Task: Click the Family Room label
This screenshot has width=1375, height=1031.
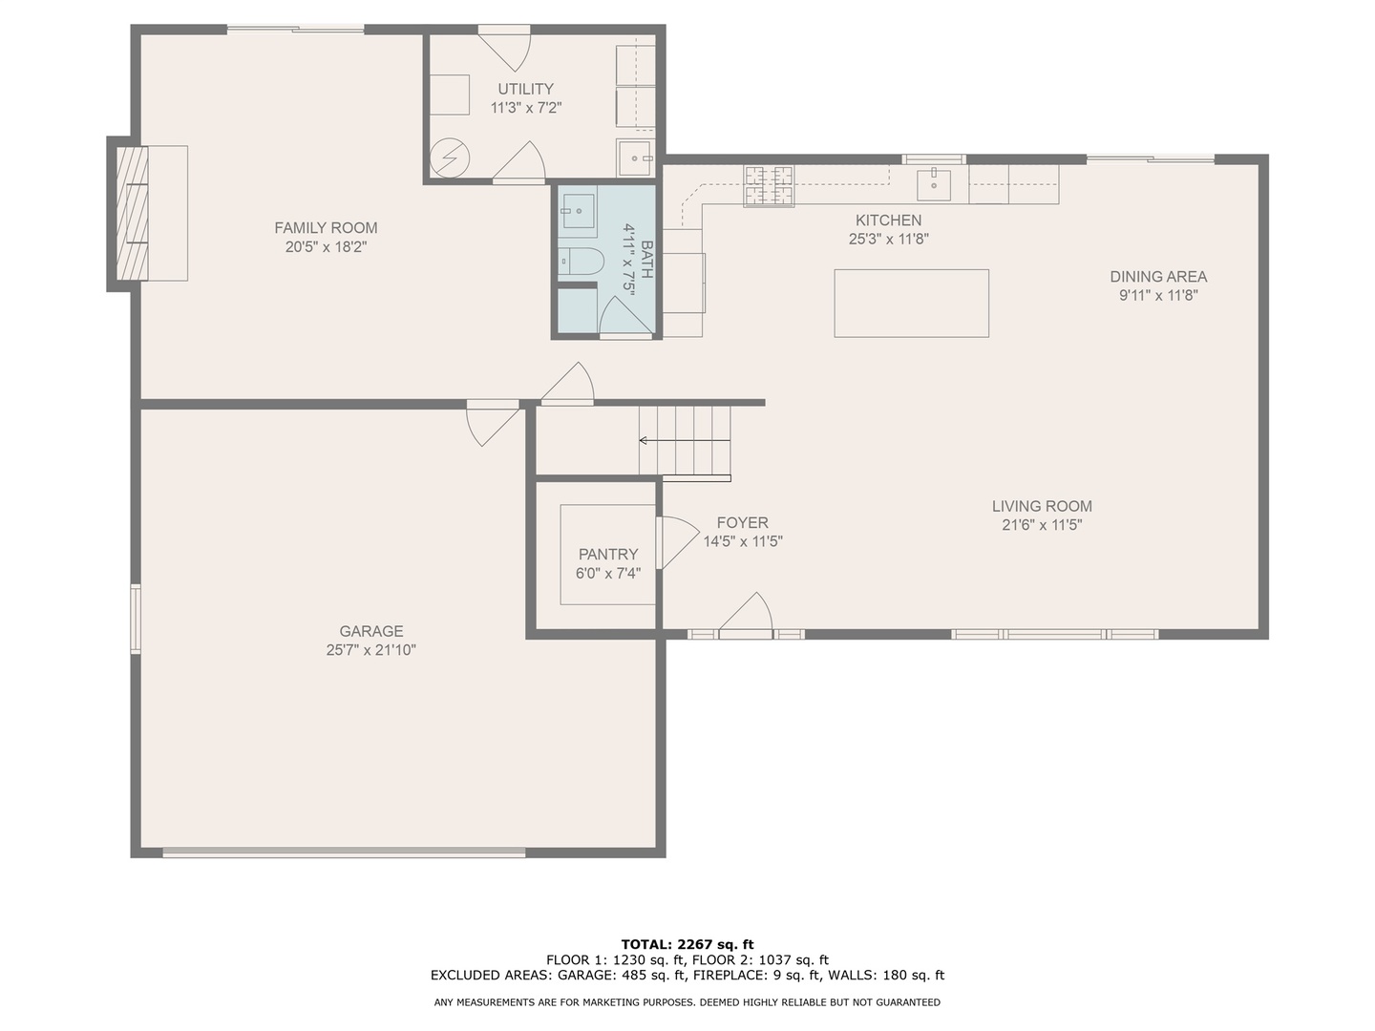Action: pos(326,227)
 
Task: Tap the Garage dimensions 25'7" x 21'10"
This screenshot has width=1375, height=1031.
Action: pos(370,650)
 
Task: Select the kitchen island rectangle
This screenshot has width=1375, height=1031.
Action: pos(911,303)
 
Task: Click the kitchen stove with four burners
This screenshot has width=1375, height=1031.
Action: pos(769,184)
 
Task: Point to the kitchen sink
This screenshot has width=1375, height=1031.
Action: pos(933,183)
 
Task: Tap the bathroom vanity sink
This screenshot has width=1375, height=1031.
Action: pos(578,210)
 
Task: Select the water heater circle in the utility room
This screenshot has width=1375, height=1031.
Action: pos(449,158)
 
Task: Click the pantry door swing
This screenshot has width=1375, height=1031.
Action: pos(676,542)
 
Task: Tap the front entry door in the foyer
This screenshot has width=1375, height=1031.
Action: pos(746,616)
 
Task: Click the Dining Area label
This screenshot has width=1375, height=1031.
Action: pos(1157,276)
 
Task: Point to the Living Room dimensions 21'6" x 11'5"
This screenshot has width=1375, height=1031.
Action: pos(1041,524)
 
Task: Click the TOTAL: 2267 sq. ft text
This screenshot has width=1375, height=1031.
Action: pos(687,944)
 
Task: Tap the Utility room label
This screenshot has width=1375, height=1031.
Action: pos(525,89)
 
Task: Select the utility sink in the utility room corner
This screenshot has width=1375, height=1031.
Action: pos(635,158)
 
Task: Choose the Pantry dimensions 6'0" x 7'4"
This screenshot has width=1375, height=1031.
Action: pos(607,574)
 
